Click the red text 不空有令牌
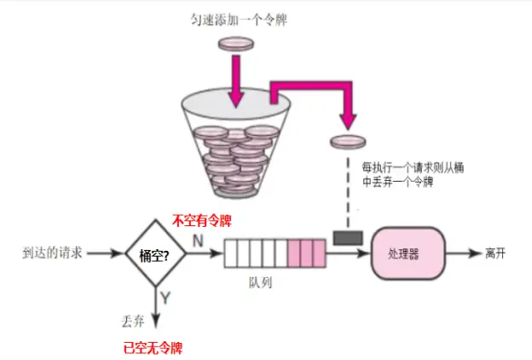click(203, 220)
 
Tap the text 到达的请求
click(54, 253)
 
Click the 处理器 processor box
click(407, 254)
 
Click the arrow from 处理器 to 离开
click(460, 254)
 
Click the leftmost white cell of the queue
click(230, 254)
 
